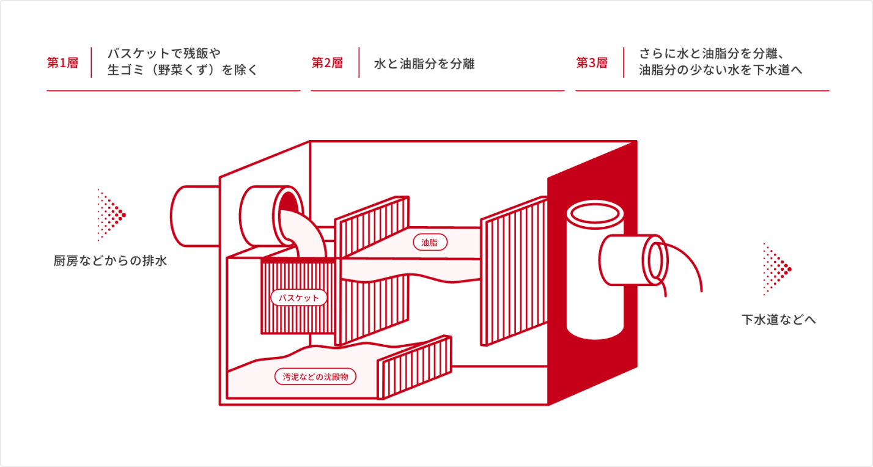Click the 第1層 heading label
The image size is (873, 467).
[62, 63]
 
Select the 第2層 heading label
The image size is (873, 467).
[327, 63]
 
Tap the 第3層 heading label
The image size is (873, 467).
[592, 63]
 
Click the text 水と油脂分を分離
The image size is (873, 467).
[424, 64]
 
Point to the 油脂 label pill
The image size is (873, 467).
[430, 243]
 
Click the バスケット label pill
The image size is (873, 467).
[299, 298]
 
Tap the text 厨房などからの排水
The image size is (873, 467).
[110, 261]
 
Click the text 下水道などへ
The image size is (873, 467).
[779, 320]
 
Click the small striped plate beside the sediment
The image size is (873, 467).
[416, 366]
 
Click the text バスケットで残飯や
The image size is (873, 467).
[163, 53]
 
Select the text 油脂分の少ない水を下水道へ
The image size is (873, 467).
[721, 70]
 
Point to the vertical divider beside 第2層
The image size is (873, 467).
[359, 62]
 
